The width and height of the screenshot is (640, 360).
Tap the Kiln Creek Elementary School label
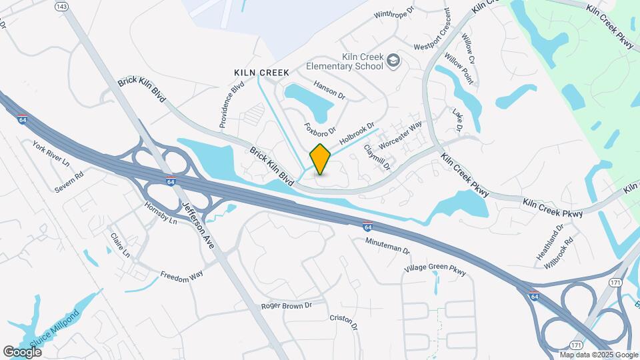[x=344, y=61]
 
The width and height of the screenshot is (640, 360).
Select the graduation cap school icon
[x=393, y=61]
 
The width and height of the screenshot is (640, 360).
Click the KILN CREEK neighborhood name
[x=261, y=72]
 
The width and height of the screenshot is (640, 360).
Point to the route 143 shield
[x=61, y=6]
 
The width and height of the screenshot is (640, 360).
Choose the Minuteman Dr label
[x=387, y=246]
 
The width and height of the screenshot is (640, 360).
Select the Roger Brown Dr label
[x=287, y=305]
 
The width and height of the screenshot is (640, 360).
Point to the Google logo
[x=22, y=351]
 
